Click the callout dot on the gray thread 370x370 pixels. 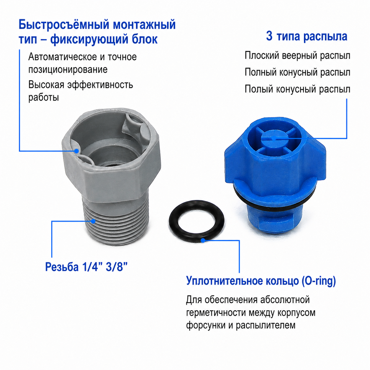pos(93,221)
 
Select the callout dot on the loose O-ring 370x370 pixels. pos(203,240)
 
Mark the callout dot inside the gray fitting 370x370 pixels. pos(77,151)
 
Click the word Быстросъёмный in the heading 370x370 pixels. pos(64,25)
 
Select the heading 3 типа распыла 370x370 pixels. pos(307,37)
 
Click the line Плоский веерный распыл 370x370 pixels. pos(297,56)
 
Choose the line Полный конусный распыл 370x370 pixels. pos(297,73)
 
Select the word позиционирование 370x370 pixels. pos(68,70)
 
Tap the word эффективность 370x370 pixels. pos(100,85)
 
